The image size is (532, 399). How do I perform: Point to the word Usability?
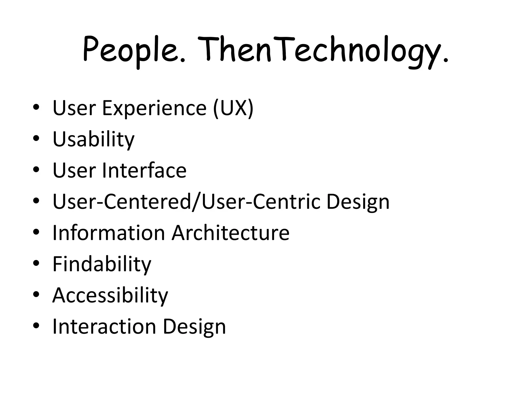pyautogui.click(x=94, y=139)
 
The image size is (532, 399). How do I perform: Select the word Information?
pyautogui.click(x=109, y=233)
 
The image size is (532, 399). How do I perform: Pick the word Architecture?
pyautogui.click(x=230, y=233)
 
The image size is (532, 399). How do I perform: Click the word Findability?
pyautogui.click(x=102, y=264)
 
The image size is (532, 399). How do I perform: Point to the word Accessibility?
pyautogui.click(x=110, y=295)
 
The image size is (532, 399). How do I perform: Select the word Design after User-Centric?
pyautogui.click(x=358, y=202)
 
